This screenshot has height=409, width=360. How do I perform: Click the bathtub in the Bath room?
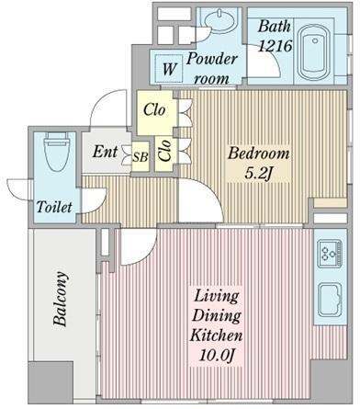(x=314, y=52)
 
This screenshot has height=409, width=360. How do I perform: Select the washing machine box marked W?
(x=169, y=68)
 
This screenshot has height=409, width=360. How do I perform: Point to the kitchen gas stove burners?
(x=330, y=254)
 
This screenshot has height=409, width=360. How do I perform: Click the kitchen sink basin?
(x=330, y=300)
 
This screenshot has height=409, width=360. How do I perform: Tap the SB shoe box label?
(x=141, y=157)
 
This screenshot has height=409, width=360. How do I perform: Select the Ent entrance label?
(x=105, y=152)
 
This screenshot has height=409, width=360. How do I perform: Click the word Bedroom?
(x=259, y=153)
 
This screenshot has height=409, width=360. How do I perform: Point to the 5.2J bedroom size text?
(x=258, y=174)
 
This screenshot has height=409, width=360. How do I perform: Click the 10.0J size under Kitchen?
(x=217, y=356)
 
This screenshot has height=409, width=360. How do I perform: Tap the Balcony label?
(x=61, y=299)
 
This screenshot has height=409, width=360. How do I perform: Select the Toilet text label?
(x=54, y=207)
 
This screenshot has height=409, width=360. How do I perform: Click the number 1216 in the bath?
(x=275, y=46)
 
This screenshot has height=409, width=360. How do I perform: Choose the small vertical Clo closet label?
(x=165, y=151)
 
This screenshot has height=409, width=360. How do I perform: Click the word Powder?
(x=212, y=59)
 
